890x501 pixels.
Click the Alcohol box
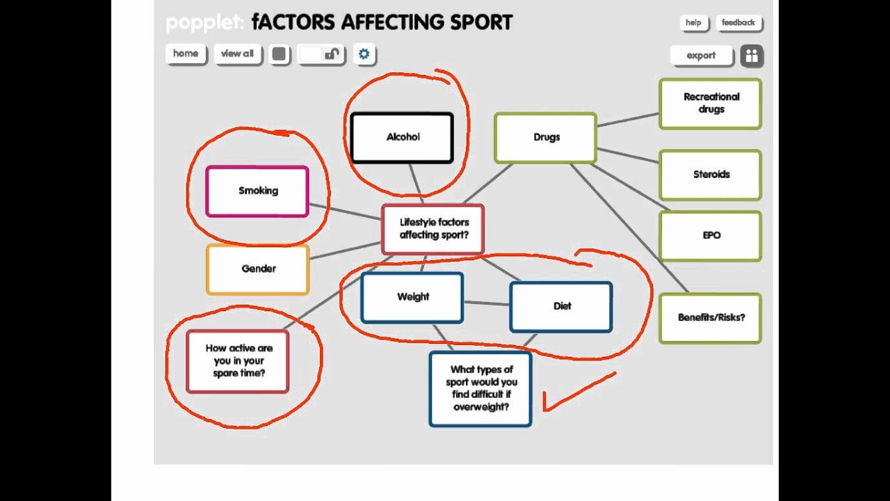point(402,138)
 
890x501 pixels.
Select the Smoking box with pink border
point(257,191)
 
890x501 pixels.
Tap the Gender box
point(258,269)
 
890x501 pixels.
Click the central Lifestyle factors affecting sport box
point(433,229)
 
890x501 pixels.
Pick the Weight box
point(412,297)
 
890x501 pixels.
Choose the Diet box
point(561,306)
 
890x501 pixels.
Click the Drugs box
point(546,138)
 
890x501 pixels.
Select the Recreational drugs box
point(711,104)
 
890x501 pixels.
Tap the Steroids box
point(711,175)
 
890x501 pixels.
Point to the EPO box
point(711,236)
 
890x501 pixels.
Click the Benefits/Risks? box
point(711,318)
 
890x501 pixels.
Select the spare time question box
point(238,361)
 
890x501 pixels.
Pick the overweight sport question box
point(480,388)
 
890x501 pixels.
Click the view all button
point(237,54)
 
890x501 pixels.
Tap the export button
point(701,56)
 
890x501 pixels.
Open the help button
point(693,23)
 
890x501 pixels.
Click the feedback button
point(738,23)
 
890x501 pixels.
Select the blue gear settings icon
point(364,54)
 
